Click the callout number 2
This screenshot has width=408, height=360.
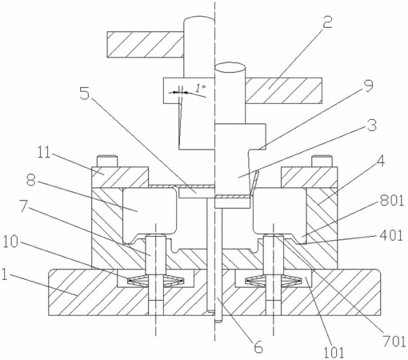[x=327, y=22]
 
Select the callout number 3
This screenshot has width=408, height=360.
[x=372, y=125]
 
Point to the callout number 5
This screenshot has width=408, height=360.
[x=85, y=93]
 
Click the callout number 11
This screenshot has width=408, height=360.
[x=43, y=152]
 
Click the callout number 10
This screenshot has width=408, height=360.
[x=10, y=242]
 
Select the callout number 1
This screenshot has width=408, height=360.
[x=4, y=274]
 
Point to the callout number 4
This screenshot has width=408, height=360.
[x=381, y=161]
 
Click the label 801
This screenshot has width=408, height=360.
[x=392, y=201]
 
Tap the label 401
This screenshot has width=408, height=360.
[x=391, y=235]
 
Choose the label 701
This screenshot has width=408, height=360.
[x=394, y=342]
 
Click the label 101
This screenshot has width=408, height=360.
[x=334, y=352]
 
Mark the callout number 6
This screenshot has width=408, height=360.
[x=258, y=346]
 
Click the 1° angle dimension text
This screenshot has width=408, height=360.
[x=200, y=87]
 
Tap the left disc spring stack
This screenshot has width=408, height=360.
[x=156, y=281]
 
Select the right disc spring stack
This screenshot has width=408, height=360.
[x=273, y=281]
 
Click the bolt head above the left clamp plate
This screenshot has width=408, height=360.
[x=107, y=161]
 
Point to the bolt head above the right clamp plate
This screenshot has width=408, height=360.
[x=322, y=161]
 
